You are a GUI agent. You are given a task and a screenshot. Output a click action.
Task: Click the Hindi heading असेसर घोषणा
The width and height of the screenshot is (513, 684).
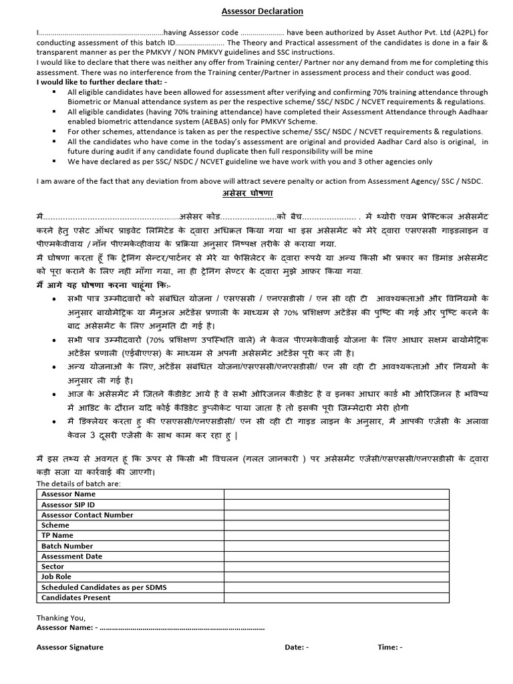point(248,192)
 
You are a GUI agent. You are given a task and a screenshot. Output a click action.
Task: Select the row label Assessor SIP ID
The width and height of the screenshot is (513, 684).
point(68,504)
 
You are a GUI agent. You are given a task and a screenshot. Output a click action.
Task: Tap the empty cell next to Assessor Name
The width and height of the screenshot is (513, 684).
point(336,494)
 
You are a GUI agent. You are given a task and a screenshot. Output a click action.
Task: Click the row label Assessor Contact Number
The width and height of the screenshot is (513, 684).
point(87,515)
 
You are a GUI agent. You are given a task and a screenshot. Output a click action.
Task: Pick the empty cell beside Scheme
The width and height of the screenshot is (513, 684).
point(336,525)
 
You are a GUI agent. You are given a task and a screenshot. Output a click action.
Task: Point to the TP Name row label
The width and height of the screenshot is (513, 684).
point(57,535)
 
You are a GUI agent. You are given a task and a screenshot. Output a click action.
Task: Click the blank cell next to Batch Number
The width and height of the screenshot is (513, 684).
point(336,546)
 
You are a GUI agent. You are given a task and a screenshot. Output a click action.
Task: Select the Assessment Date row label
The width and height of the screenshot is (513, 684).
point(72,556)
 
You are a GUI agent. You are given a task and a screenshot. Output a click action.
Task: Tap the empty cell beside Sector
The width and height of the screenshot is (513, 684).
point(336,566)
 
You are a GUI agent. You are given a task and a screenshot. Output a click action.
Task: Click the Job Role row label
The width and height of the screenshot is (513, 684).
point(56,576)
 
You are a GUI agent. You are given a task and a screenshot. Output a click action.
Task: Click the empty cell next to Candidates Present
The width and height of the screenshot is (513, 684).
point(336,597)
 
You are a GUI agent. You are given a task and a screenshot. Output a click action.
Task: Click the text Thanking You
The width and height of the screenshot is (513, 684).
point(61,618)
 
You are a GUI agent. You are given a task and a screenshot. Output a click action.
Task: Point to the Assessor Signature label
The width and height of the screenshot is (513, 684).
point(70,647)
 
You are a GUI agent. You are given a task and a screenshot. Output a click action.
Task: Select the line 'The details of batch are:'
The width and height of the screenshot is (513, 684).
point(79,484)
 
